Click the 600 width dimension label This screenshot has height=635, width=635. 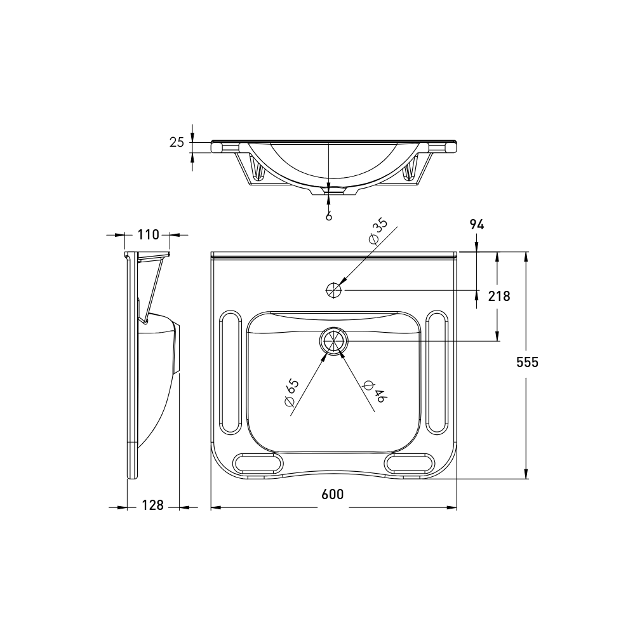pos(333,494)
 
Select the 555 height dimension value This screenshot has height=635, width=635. pos(527,362)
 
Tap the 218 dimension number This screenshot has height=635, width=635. pos(499,296)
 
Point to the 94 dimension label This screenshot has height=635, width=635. pos(477,224)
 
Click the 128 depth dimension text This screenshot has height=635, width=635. pos(152,505)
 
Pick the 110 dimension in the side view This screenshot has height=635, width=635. pos(149,234)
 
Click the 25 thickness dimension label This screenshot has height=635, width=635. pos(177,142)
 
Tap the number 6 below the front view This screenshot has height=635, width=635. pos(329,217)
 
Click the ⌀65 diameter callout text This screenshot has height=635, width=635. pos(291,392)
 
